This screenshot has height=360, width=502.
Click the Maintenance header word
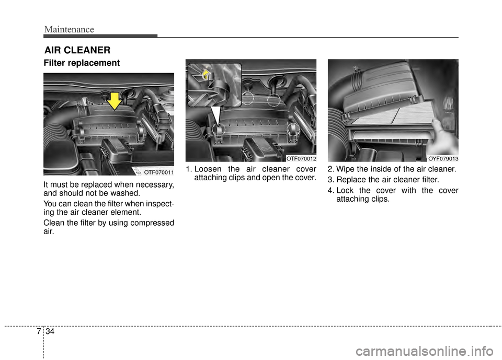pyautogui.click(x=69, y=29)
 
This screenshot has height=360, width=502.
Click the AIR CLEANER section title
pyautogui.click(x=77, y=50)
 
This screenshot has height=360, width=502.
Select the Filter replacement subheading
pyautogui.click(x=82, y=63)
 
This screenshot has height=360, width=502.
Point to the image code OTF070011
pyautogui.click(x=158, y=171)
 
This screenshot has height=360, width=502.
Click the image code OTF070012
pyautogui.click(x=301, y=158)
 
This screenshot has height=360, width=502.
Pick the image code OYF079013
pyautogui.click(x=443, y=158)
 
